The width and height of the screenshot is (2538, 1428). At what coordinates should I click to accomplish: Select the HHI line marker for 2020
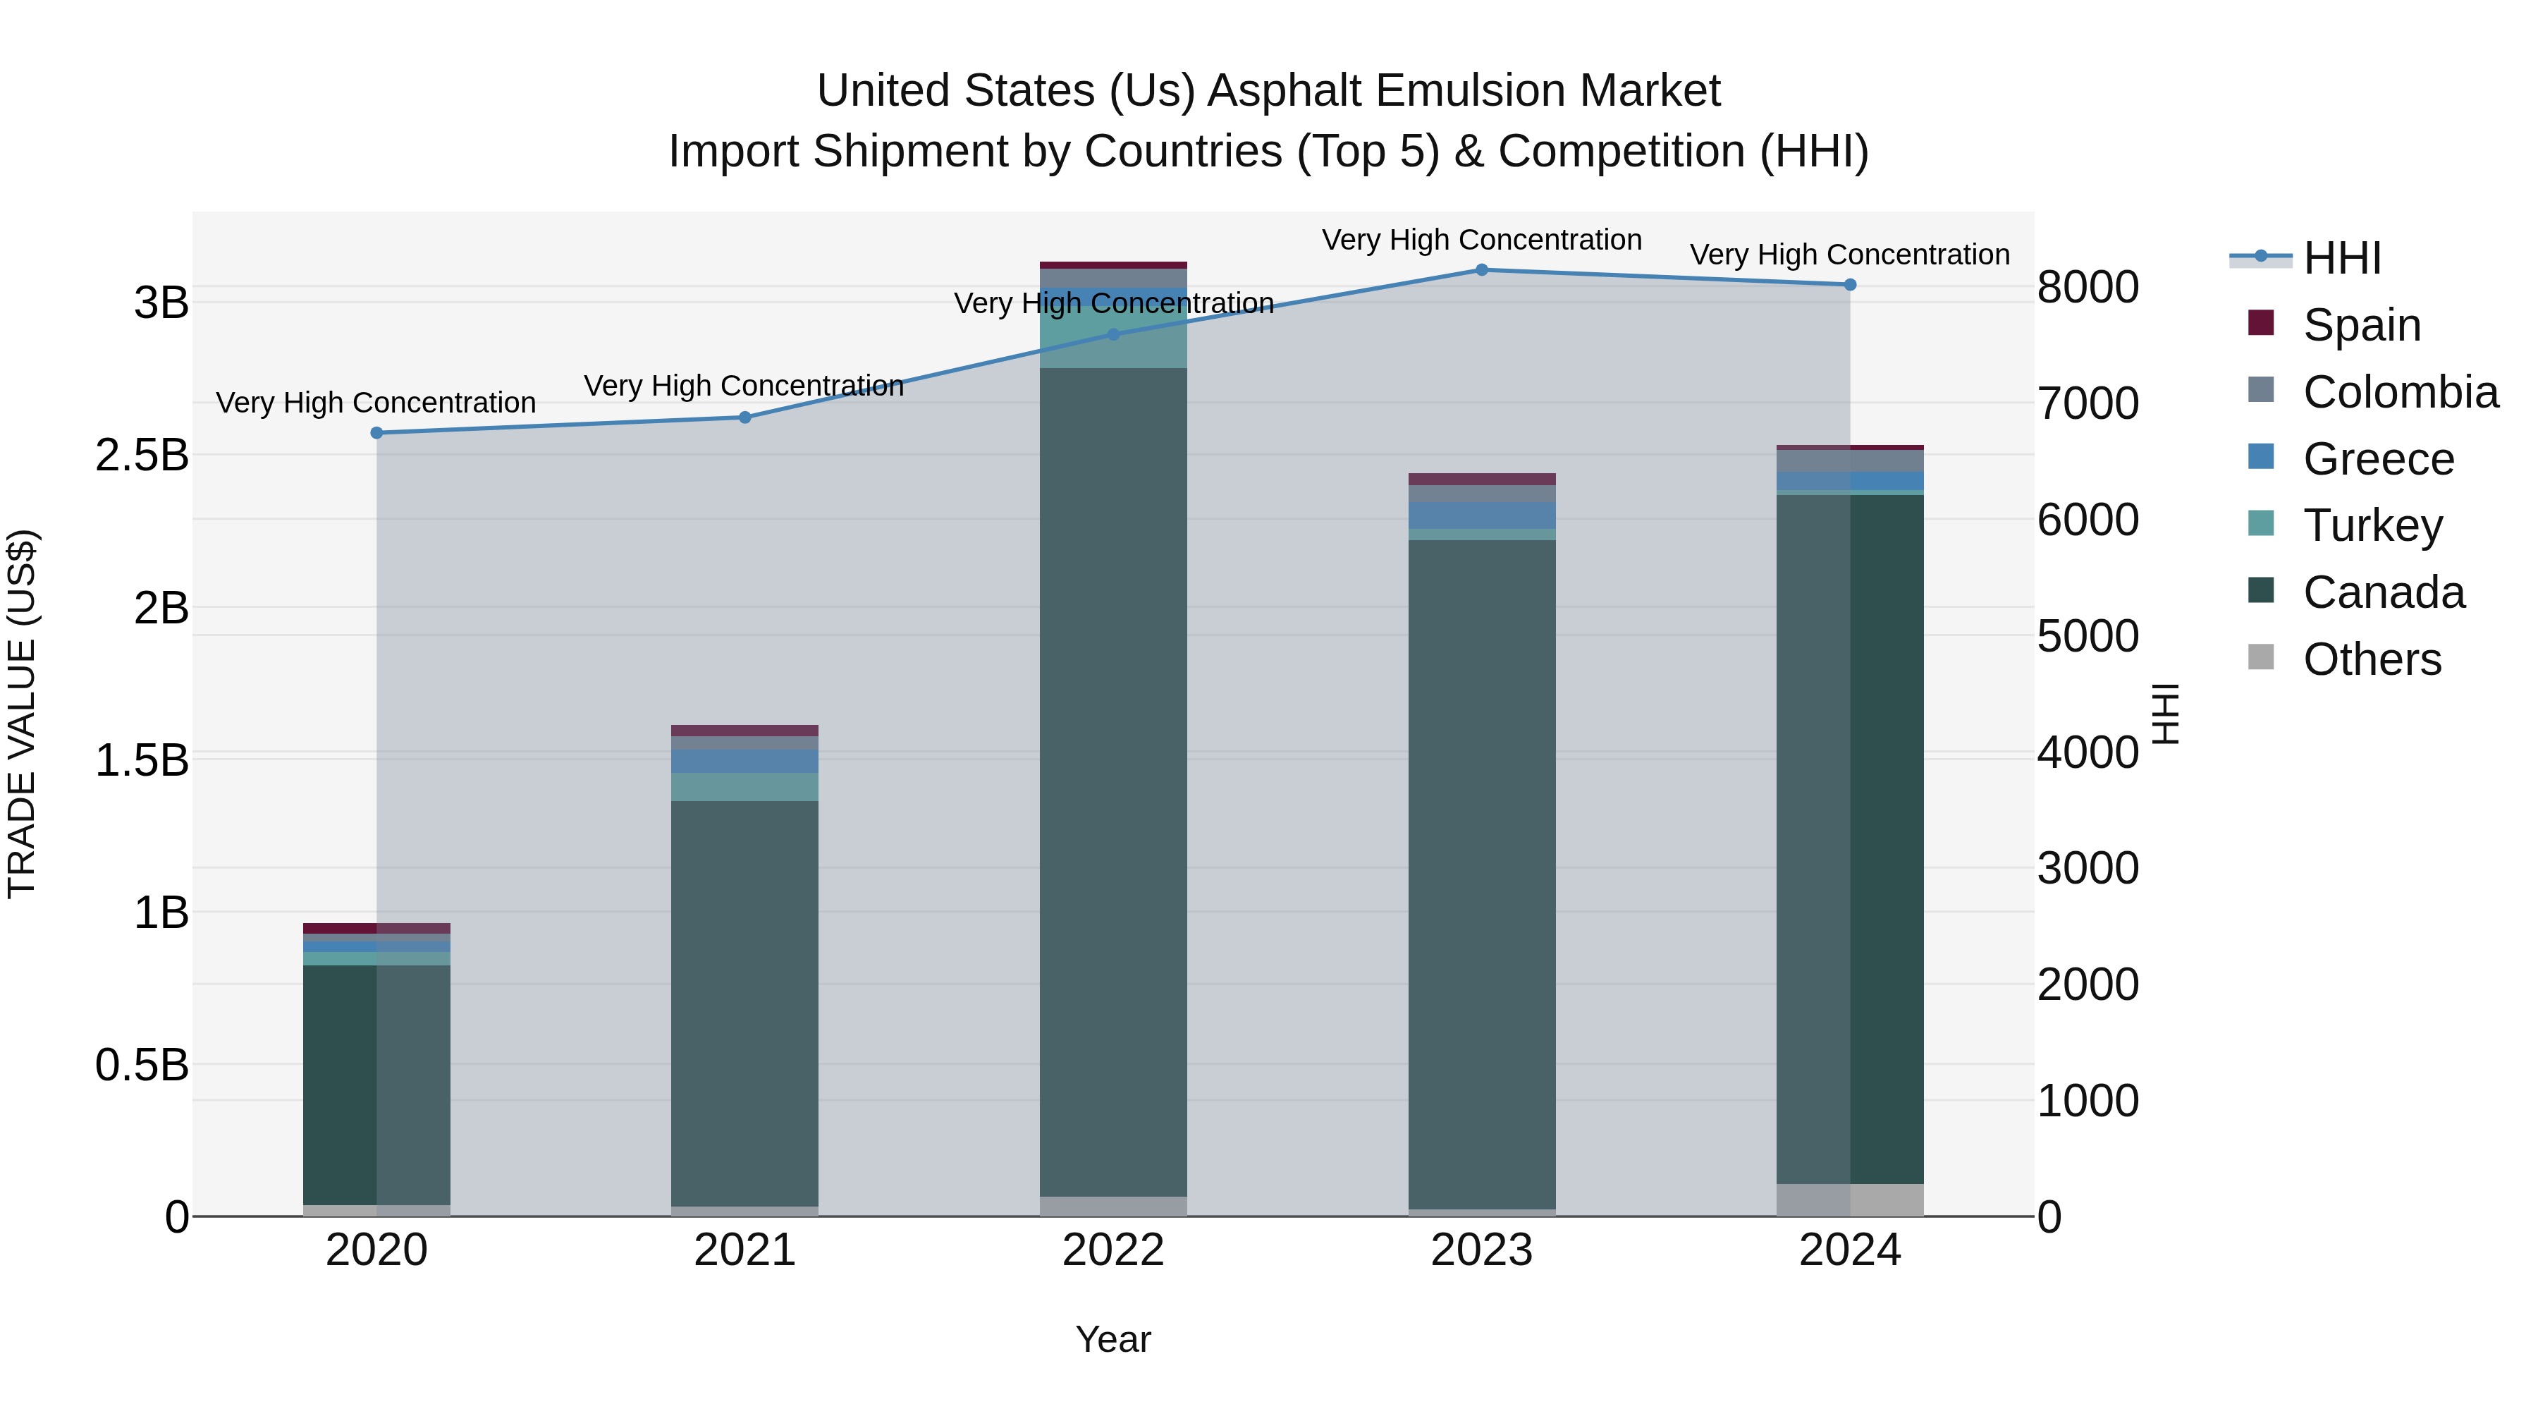pos(376,433)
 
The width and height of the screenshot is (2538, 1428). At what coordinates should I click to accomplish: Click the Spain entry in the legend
pos(2362,325)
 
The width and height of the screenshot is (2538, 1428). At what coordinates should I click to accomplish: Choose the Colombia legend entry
pos(2400,392)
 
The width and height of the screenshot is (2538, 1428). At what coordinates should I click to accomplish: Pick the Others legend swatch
pos(2261,657)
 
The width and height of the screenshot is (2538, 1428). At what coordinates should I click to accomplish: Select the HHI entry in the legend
pos(2342,258)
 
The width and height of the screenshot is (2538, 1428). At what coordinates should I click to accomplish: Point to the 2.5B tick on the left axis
pos(142,456)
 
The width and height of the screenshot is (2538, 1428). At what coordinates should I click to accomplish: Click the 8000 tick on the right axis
pos(2087,288)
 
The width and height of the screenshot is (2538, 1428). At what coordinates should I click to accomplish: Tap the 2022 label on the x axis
pos(1112,1250)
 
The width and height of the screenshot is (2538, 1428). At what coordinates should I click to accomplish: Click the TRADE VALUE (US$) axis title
pos(22,714)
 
